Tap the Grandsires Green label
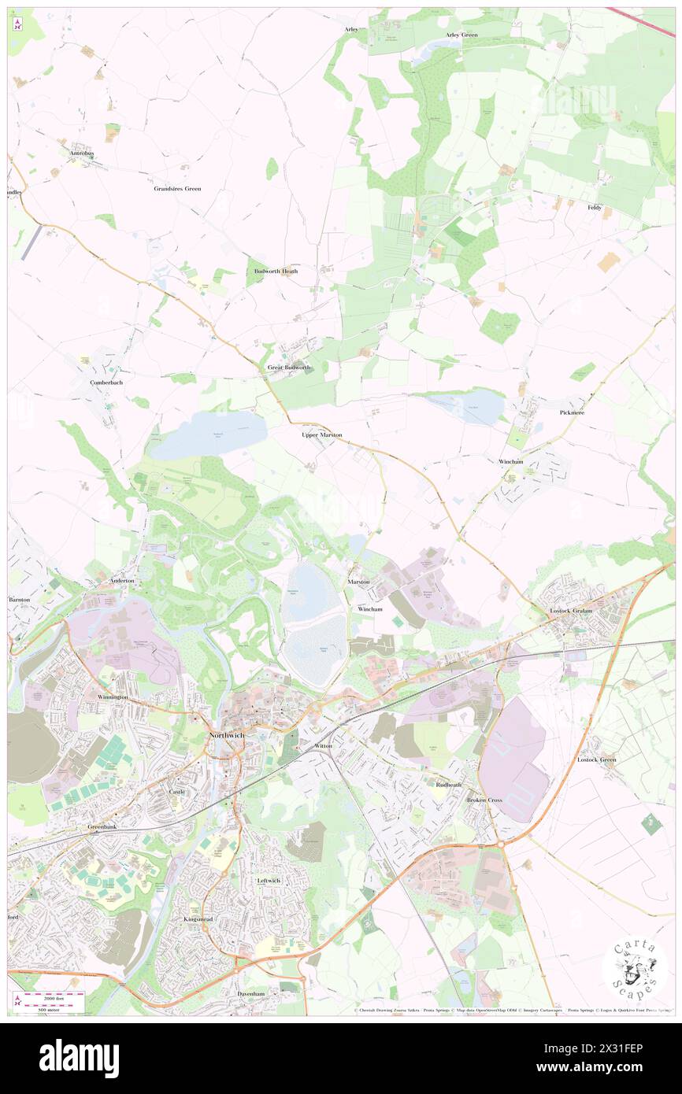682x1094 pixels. (x=177, y=189)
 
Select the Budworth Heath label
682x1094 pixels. (x=276, y=272)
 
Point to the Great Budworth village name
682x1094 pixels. (x=289, y=368)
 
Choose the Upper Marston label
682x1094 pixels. (x=321, y=434)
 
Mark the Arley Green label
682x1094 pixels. (x=461, y=35)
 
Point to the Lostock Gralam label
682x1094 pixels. (x=571, y=611)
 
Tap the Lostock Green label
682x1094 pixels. (x=596, y=760)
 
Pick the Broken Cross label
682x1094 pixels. (x=484, y=800)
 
